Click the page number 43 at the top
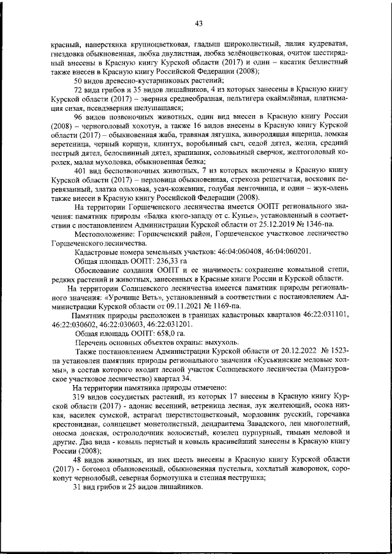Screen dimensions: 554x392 click(198, 24)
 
